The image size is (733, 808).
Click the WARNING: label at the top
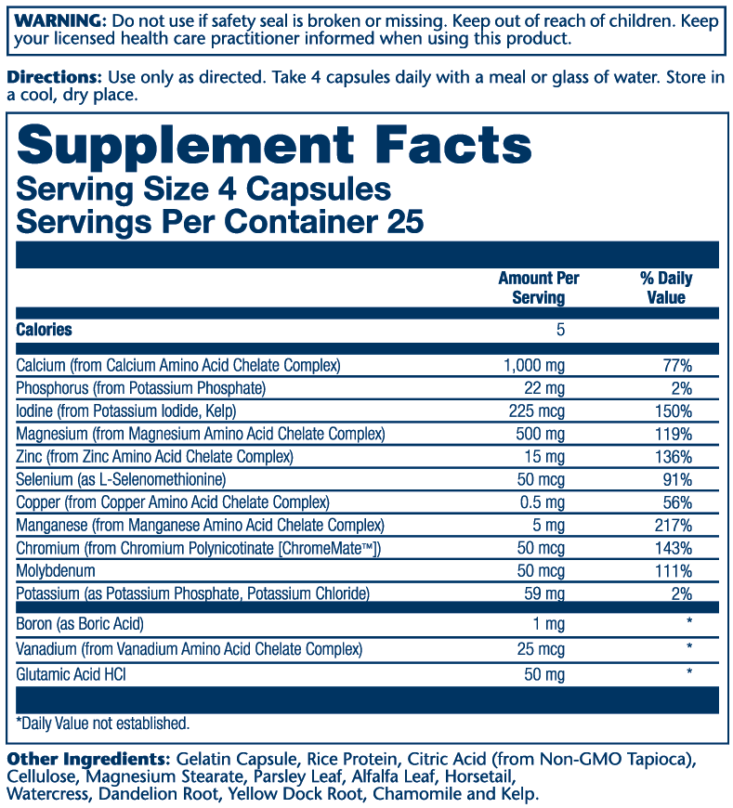[54, 20]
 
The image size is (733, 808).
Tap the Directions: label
[54, 77]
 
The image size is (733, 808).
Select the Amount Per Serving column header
[538, 288]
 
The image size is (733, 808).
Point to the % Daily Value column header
[666, 288]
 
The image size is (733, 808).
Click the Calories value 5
[560, 330]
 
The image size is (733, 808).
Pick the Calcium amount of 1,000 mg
[533, 366]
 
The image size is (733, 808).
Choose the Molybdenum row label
[56, 571]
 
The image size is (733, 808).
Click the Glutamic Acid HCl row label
[71, 672]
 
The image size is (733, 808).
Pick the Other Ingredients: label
[75, 761]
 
